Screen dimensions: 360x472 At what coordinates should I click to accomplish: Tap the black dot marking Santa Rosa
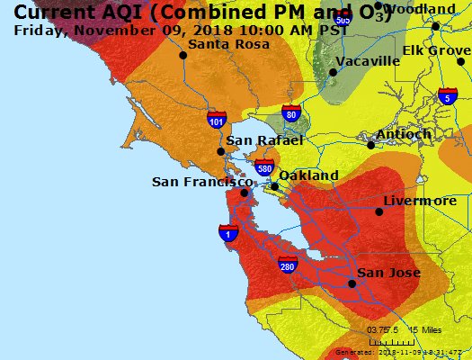click(183, 55)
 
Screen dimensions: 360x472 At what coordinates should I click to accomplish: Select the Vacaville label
click(368, 60)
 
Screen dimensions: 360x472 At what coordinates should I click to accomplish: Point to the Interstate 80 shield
click(289, 113)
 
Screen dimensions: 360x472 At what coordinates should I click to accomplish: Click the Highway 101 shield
click(216, 120)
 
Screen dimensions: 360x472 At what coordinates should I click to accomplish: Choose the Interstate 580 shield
click(264, 167)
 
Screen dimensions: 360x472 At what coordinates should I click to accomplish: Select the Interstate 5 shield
click(447, 97)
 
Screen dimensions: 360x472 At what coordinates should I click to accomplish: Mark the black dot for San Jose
click(352, 283)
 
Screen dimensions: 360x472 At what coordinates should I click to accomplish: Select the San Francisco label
click(200, 182)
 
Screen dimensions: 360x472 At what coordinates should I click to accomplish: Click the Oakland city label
click(308, 175)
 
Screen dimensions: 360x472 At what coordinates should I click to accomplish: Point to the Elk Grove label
click(436, 50)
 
